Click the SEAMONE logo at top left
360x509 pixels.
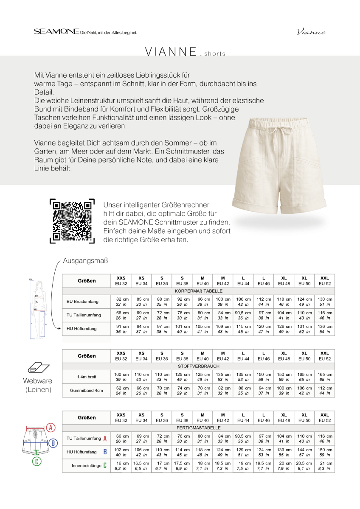coord(57,32)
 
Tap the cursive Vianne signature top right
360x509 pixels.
coord(311,32)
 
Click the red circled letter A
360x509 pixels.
coord(51,427)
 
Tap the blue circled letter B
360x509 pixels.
coord(53,443)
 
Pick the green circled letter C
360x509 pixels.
coord(37,461)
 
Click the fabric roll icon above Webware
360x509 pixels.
coord(37,368)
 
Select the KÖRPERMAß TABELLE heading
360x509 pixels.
coord(198,291)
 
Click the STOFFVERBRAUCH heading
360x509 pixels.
coord(198,366)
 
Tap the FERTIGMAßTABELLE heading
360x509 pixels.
coord(198,428)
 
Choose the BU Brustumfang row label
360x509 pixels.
coord(82,302)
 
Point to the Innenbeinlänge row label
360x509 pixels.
coord(87,465)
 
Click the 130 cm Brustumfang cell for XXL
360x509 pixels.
coord(325,302)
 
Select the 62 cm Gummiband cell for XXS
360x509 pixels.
coord(121,391)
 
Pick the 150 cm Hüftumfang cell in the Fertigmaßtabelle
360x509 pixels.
coord(325,452)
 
